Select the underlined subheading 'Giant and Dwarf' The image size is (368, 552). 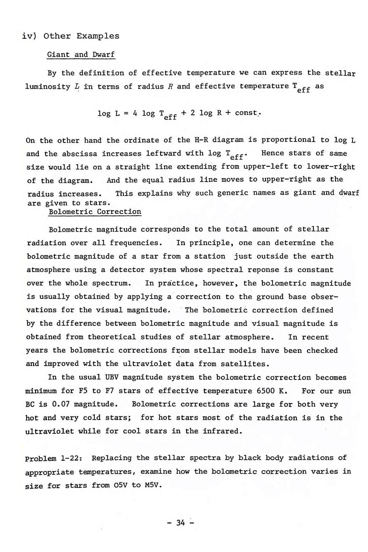[x=81, y=55]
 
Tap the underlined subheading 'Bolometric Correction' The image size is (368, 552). [x=95, y=212]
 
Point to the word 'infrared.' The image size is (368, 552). [x=222, y=431]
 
